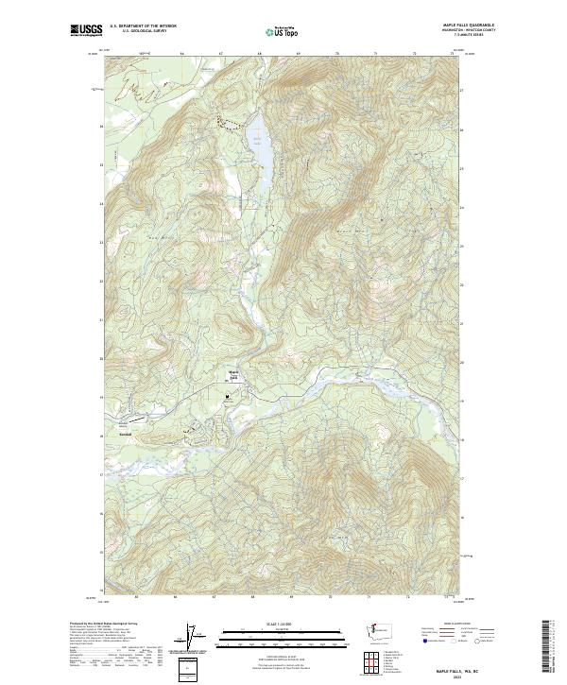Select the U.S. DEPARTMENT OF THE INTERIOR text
(x=144, y=26)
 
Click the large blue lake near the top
(x=259, y=146)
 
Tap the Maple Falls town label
(x=232, y=374)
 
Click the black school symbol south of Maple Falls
(x=227, y=398)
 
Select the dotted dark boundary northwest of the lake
(x=225, y=121)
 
